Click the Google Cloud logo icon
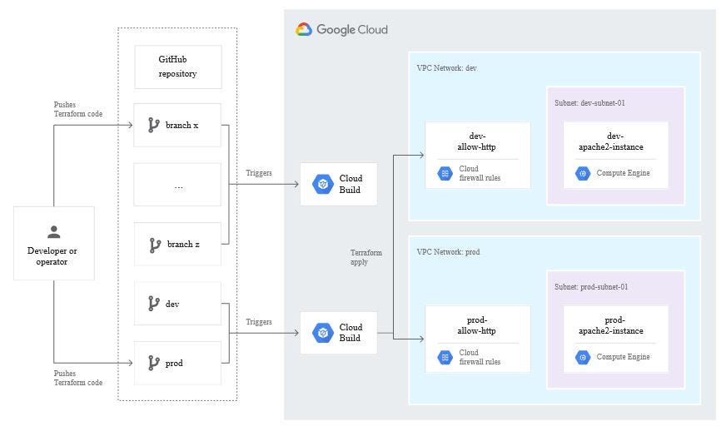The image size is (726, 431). pos(304,29)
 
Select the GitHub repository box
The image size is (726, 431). pos(178,67)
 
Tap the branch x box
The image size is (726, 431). pos(178,126)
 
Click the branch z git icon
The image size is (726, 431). pos(154,245)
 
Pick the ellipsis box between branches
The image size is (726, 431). pos(178,185)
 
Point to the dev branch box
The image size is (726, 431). pos(178,304)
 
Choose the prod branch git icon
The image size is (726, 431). pos(154,363)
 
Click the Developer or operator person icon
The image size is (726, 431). pos(54,232)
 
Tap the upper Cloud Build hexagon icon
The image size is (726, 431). pos(322,184)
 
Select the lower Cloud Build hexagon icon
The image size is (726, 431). pos(322,333)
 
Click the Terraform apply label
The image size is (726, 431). pos(366,257)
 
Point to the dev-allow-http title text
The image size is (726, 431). pos(477,141)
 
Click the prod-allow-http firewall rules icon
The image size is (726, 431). pos(445,357)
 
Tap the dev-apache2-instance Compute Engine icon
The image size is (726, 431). pos(583,173)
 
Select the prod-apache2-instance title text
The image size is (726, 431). pos(614,325)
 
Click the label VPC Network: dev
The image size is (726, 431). pos(447,68)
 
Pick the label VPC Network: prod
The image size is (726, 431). pos(449,252)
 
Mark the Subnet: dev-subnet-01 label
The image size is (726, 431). pos(589,103)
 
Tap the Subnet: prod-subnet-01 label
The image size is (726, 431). pos(591,287)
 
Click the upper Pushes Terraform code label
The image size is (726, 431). pos(78,109)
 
